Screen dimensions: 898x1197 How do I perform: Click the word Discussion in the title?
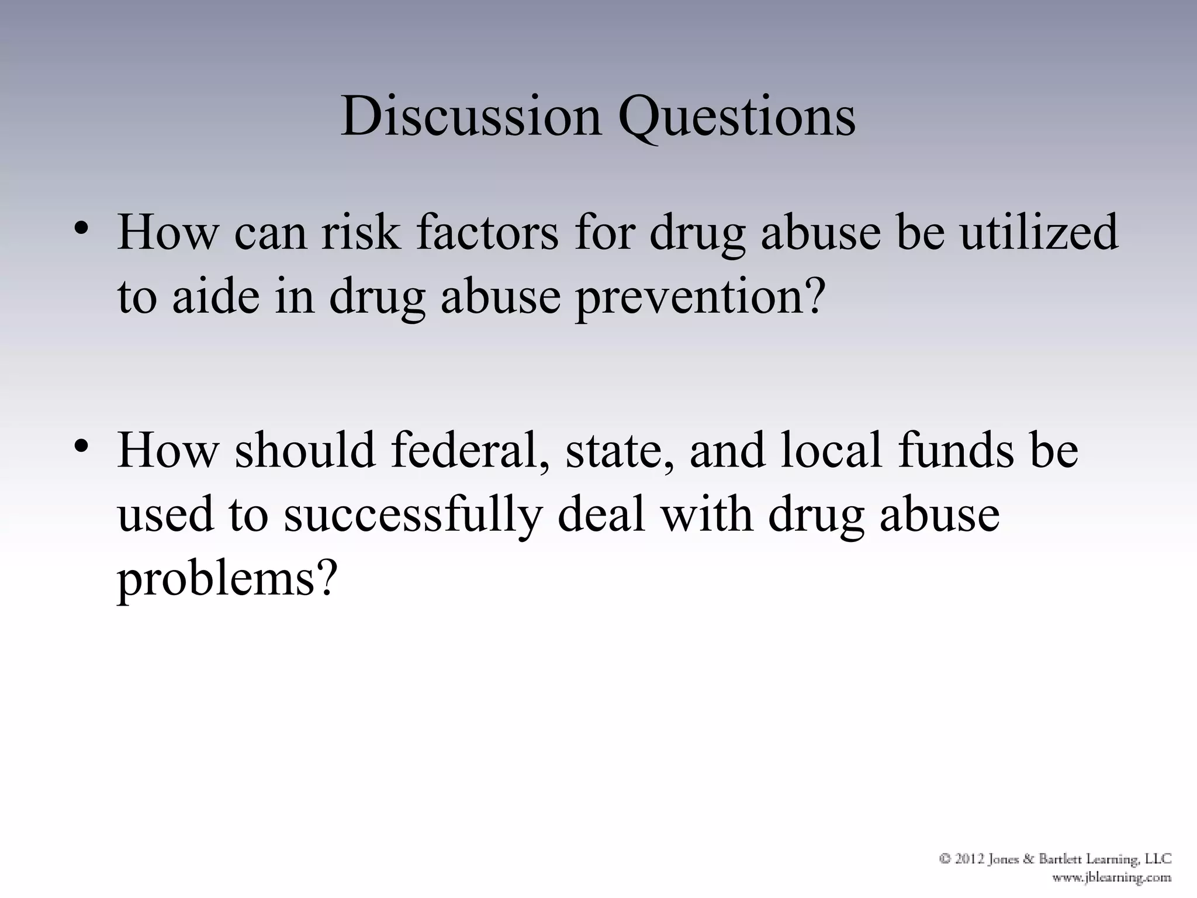tap(471, 117)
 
